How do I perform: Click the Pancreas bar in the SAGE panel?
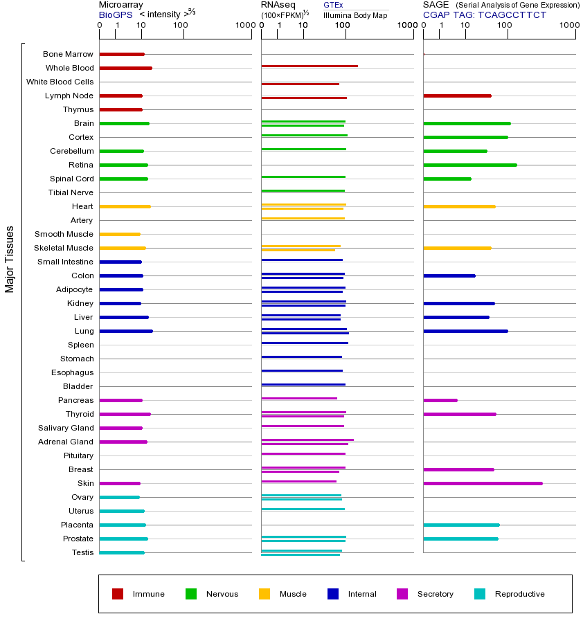(440, 400)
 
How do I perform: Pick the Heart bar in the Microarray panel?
(125, 206)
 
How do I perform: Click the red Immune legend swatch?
(118, 594)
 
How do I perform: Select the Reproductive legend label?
(519, 594)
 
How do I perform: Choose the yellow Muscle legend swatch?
(264, 594)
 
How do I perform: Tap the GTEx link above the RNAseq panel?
(333, 5)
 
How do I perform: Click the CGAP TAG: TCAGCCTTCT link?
(485, 15)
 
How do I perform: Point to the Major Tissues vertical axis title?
(10, 259)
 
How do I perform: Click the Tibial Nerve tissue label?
(71, 192)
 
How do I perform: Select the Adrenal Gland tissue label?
(65, 442)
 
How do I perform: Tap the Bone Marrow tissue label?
(68, 54)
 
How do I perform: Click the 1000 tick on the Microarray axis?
(244, 25)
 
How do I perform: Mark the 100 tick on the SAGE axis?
(505, 25)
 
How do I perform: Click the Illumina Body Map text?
(355, 15)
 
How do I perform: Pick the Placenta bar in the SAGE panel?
(461, 525)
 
